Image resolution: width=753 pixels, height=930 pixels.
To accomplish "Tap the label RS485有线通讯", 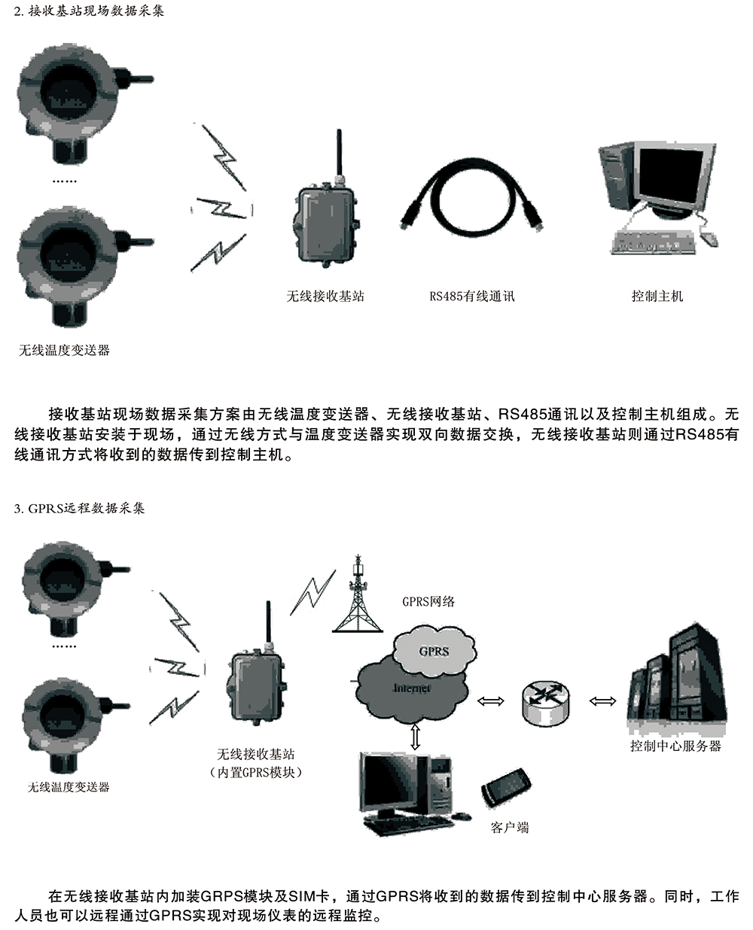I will pos(472,296).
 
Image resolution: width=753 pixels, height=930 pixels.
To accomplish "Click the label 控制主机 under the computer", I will pos(657,296).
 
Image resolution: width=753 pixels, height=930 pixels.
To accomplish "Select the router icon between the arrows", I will pos(544,701).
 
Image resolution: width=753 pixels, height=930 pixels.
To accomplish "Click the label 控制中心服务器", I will pos(675,746).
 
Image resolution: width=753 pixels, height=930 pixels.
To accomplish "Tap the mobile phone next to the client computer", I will pos(507,786).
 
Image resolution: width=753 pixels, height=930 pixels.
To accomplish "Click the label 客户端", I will pos(510,828).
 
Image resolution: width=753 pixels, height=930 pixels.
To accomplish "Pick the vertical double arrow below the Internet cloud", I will pos(415,736).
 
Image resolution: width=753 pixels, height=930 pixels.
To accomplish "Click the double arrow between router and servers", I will pos(602,701).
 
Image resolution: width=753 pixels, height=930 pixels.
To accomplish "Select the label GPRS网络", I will pos(428,601).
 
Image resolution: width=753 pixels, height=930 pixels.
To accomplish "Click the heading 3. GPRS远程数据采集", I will pos(79,509).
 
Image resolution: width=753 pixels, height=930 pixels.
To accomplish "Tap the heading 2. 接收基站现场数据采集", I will pos(89,11).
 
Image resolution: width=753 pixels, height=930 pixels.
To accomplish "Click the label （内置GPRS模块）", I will pos(255,773).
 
